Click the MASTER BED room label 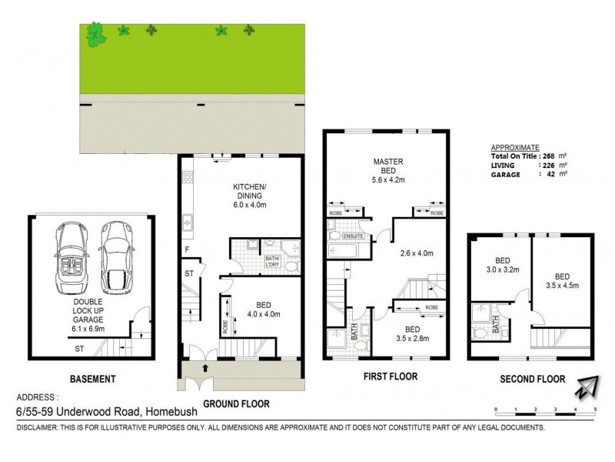[388, 167]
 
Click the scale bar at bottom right [546, 408]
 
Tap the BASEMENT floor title [91, 379]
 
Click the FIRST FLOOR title [390, 377]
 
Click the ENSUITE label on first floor [353, 236]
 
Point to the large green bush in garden [95, 34]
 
